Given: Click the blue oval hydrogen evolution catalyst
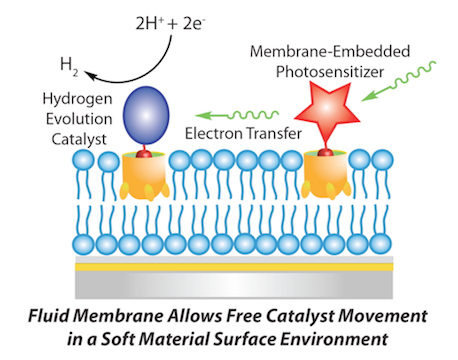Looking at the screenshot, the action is (146, 115).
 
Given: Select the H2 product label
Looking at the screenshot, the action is (69, 66).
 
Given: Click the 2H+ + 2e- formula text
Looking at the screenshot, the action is (170, 24).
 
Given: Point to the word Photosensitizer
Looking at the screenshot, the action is (330, 72).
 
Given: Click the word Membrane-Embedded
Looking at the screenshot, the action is (330, 51).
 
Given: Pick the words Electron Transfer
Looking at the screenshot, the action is (243, 133).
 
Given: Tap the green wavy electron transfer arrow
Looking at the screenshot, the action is (237, 115).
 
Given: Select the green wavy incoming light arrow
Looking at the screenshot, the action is (399, 81).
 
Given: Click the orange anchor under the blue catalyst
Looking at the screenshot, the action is (144, 176).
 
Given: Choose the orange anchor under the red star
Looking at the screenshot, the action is (326, 175).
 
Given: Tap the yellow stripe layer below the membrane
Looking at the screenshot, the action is (234, 267).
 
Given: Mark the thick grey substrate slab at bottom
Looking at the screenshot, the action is (234, 285).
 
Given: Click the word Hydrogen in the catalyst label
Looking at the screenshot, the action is (77, 99).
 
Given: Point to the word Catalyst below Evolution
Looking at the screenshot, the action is (79, 139).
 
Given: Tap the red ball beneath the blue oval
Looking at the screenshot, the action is (144, 154).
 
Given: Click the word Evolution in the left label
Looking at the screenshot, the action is (79, 119).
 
